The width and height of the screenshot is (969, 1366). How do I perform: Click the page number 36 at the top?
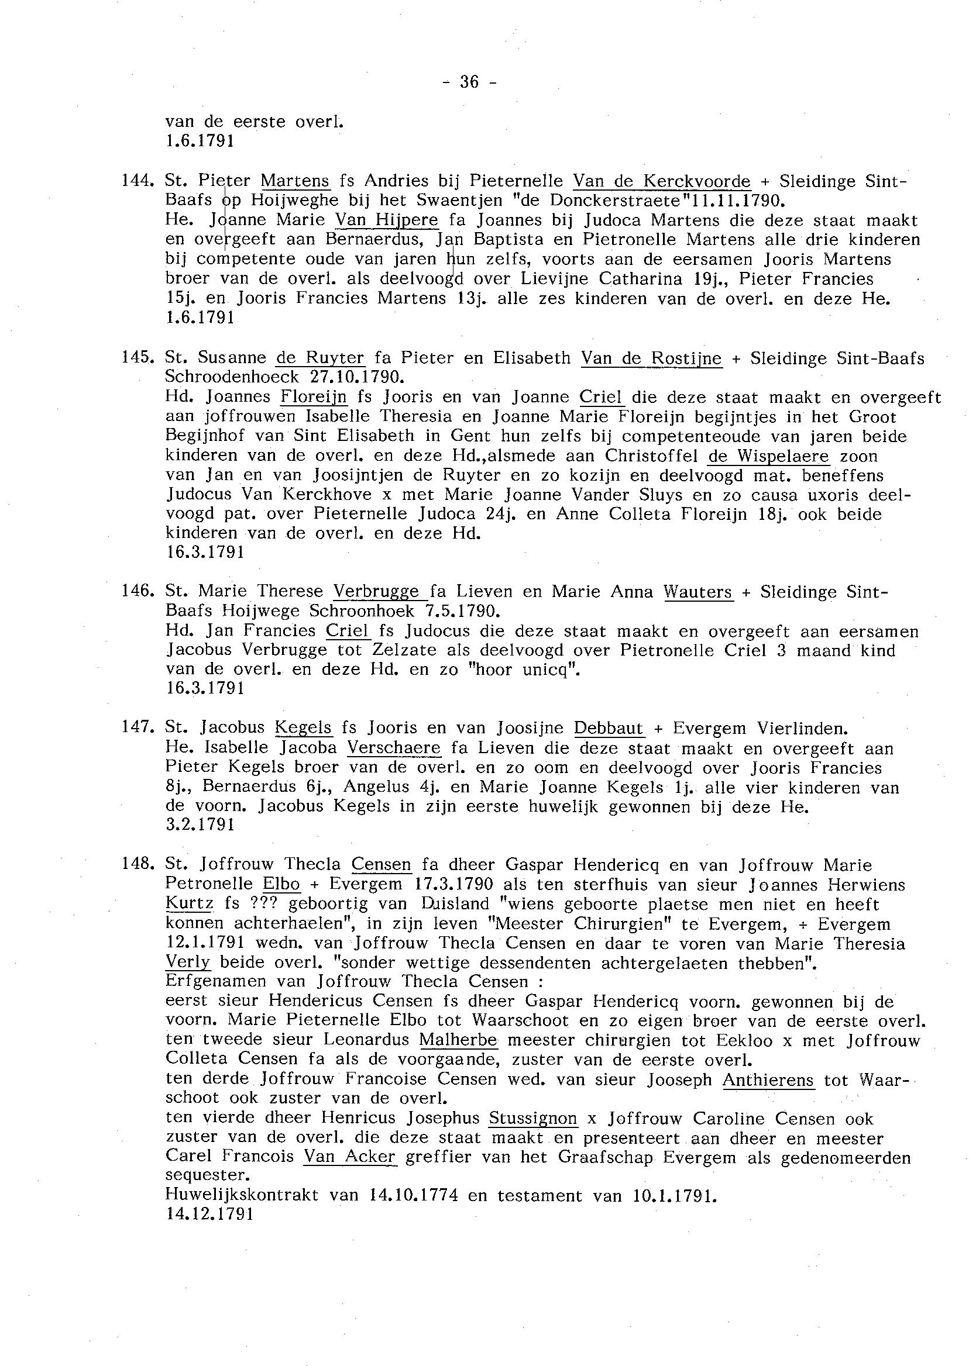[470, 82]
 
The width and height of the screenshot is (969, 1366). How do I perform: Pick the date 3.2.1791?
[200, 825]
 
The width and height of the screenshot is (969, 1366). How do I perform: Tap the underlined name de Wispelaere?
[768, 456]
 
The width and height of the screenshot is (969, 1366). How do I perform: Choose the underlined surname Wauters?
[697, 592]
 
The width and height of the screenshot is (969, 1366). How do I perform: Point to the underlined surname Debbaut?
[609, 729]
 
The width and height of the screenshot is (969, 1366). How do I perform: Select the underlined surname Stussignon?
[533, 1118]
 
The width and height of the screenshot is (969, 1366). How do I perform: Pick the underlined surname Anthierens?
[768, 1079]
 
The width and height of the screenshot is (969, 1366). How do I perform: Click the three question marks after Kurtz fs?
[261, 904]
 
